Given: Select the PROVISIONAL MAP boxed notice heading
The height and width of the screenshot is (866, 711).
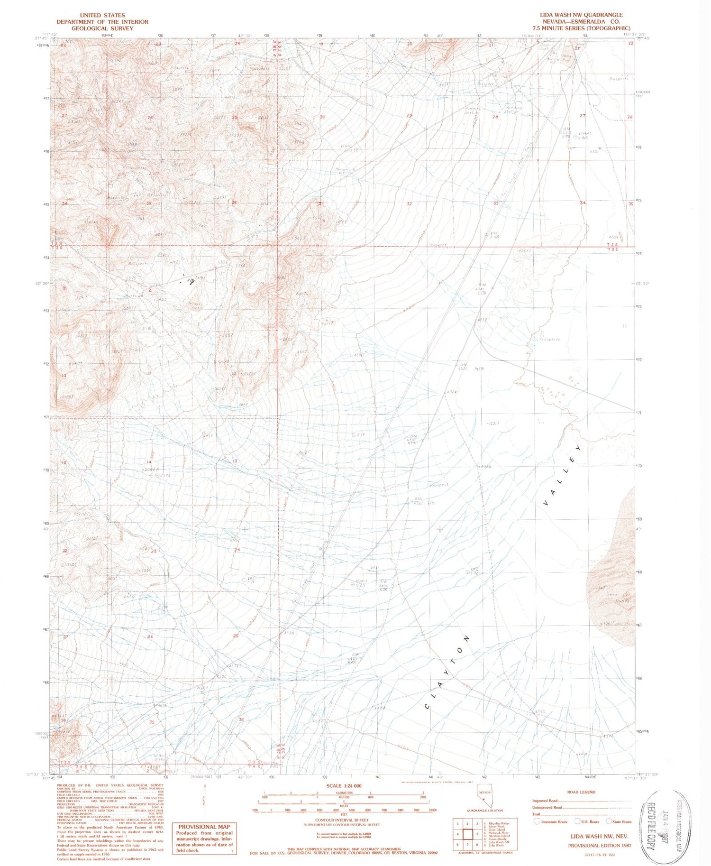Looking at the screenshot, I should [x=204, y=827].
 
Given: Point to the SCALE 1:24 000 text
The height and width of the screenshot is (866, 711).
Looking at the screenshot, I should [x=341, y=786].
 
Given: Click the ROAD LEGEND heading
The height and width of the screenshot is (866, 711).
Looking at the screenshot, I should [x=581, y=792].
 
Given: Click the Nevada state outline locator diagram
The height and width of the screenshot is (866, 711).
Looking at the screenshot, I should [x=484, y=798].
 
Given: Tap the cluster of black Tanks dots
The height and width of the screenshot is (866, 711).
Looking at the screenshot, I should [x=191, y=281].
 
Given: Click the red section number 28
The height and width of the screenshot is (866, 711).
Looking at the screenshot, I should [x=496, y=117].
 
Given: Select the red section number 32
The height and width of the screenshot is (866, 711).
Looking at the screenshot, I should [x=409, y=203].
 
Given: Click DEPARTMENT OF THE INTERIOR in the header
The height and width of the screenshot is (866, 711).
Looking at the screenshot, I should [x=102, y=22].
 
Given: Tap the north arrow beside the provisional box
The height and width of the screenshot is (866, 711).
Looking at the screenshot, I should [x=205, y=801].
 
